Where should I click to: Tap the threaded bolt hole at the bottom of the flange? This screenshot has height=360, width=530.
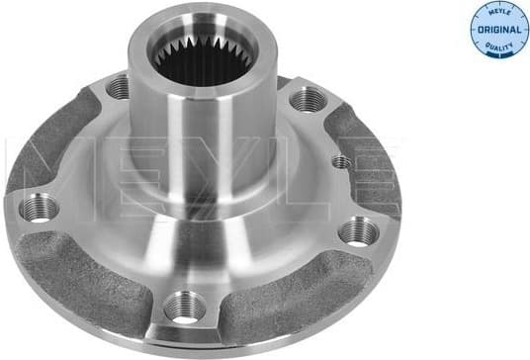pos(184,308)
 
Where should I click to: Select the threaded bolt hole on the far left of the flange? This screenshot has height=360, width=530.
pos(41,208)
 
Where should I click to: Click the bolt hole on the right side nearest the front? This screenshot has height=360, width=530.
pos(358,232)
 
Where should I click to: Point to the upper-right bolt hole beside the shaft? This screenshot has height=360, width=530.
pos(308,99)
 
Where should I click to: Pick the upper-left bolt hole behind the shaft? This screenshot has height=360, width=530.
pos(118,87)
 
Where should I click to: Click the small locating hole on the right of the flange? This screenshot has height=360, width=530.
pos(341,161)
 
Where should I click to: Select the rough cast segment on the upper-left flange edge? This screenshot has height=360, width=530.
pos(49,148)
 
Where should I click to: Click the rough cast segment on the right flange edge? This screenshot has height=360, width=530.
pos(371,158)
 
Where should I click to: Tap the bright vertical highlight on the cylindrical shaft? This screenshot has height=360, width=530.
pos(178,129)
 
